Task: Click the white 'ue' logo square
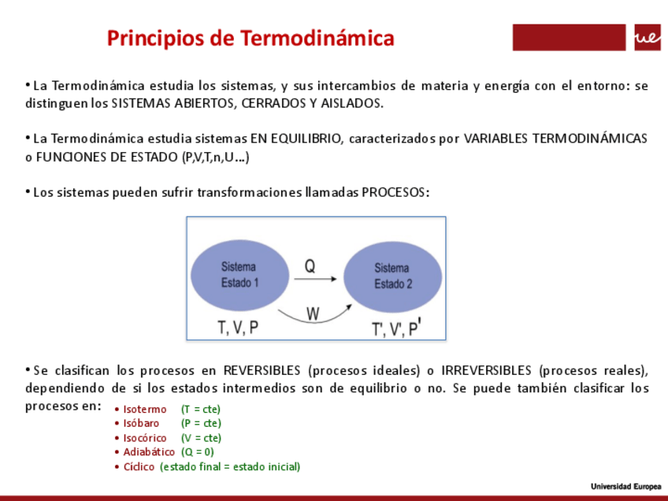pyautogui.click(x=647, y=37)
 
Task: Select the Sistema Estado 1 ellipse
pyautogui.click(x=239, y=275)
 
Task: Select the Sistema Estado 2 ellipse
pyautogui.click(x=392, y=276)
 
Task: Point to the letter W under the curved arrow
pyautogui.click(x=313, y=314)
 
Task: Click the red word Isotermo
pyautogui.click(x=145, y=410)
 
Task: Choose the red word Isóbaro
pyautogui.click(x=141, y=424)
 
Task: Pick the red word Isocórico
pyautogui.click(x=145, y=438)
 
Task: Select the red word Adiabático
pyautogui.click(x=149, y=452)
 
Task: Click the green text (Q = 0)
pyautogui.click(x=197, y=452)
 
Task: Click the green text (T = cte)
pyautogui.click(x=201, y=410)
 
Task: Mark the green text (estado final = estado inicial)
pyautogui.click(x=229, y=466)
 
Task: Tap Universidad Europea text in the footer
pyautogui.click(x=626, y=486)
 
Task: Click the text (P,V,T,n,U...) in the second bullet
pyautogui.click(x=205, y=158)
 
